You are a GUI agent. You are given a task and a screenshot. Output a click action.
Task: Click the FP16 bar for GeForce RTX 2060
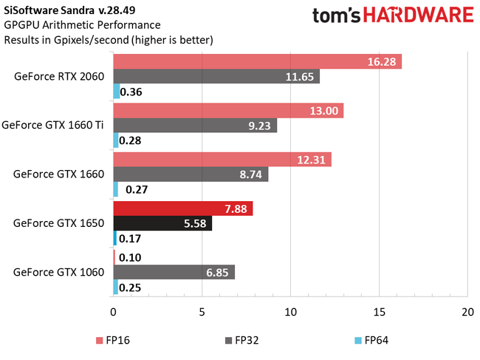tap(257, 61)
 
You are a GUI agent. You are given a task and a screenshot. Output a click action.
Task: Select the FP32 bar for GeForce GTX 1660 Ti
tap(195, 126)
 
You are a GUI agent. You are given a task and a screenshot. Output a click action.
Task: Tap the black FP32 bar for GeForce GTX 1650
tap(162, 224)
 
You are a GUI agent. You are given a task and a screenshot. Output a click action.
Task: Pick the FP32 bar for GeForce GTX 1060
tap(174, 273)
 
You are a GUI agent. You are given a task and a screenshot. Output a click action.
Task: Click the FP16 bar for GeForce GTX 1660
tap(222, 160)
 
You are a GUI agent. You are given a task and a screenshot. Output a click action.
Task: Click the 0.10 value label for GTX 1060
tap(130, 257)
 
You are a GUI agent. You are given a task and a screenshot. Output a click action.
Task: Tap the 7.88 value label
tap(237, 208)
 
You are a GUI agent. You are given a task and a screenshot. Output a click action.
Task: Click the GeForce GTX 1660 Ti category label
tap(53, 125)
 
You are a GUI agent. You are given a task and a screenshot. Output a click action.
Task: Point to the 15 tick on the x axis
tap(379, 312)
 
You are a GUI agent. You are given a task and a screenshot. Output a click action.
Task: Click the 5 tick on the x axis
tap(202, 312)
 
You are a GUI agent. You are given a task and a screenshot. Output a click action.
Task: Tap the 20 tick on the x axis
tap(467, 312)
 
